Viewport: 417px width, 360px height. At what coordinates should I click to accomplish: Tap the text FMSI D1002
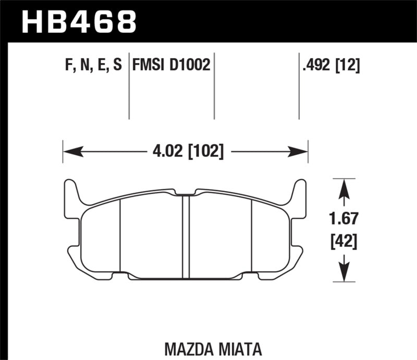pyautogui.click(x=171, y=65)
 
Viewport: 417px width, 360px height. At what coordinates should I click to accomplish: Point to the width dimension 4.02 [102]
pyautogui.click(x=185, y=153)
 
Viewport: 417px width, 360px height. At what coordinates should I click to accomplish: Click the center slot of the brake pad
pyautogui.click(x=185, y=234)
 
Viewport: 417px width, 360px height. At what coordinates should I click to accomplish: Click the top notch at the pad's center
pyautogui.click(x=185, y=194)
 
